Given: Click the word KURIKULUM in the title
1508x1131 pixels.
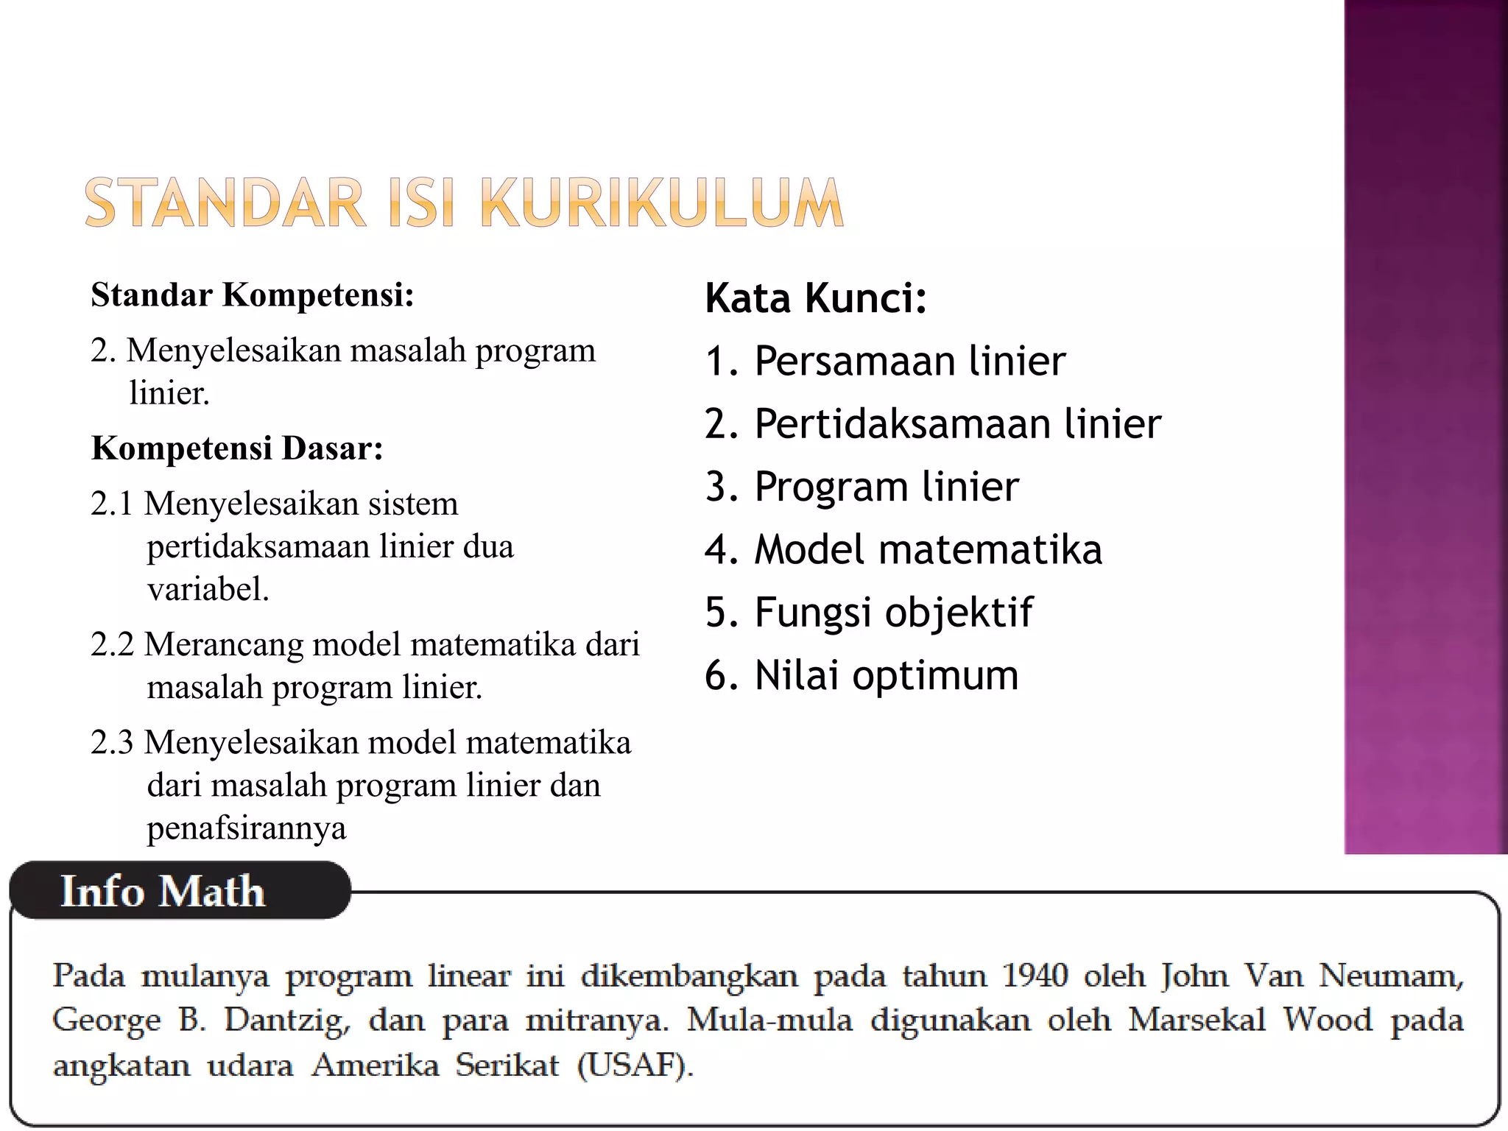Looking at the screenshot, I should (661, 203).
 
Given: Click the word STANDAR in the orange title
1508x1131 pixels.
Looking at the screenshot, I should (225, 203).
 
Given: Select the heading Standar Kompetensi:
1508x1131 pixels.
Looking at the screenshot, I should (253, 295).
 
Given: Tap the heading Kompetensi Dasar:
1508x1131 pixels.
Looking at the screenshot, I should (237, 448).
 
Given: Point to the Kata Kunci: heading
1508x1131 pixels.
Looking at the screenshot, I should (816, 298).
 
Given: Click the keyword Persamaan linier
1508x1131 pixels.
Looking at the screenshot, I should (909, 361).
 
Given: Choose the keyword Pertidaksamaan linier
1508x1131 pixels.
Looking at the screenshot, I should (957, 424).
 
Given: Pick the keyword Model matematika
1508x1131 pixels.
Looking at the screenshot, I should (928, 550).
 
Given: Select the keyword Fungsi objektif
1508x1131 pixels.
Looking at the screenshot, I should (893, 613).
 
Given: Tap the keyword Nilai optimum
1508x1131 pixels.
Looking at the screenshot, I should (886, 675).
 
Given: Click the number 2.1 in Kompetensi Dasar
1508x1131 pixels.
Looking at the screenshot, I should (112, 504).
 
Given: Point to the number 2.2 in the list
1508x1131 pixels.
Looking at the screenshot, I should (112, 645).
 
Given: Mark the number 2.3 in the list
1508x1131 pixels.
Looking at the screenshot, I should (112, 743).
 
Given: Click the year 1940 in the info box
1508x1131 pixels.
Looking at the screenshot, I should (1035, 976).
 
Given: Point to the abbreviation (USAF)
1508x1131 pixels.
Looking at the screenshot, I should (635, 1065).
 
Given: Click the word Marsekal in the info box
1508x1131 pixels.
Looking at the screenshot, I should (1197, 1021).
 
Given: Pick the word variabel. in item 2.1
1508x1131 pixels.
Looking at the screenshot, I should (208, 590).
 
